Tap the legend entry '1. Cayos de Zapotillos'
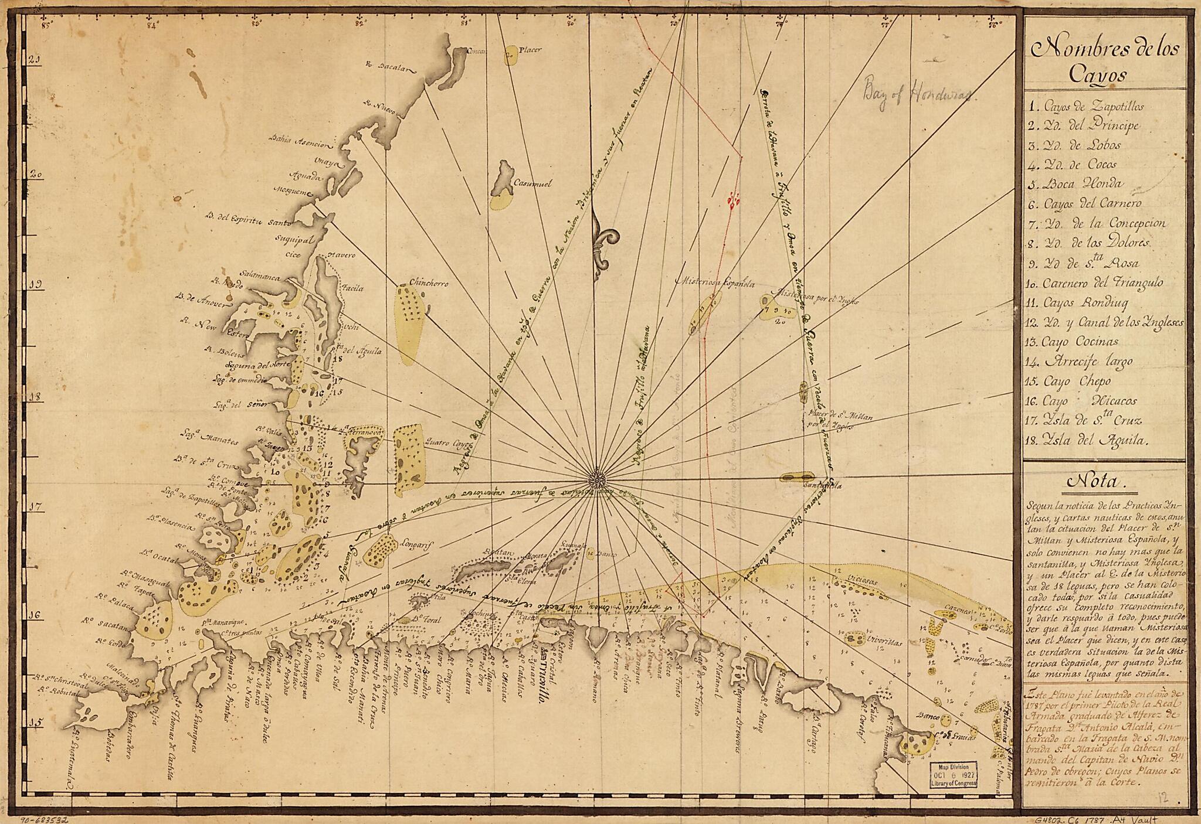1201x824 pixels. click(x=1085, y=107)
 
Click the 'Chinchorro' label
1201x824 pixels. click(x=429, y=283)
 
